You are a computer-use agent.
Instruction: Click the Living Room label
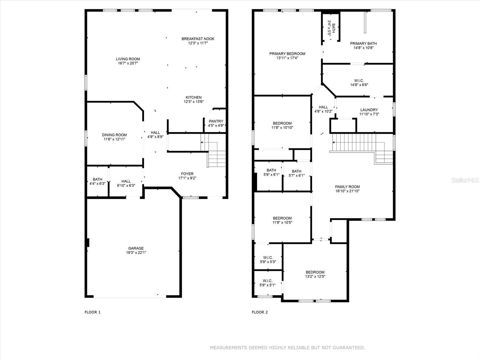tap(128, 59)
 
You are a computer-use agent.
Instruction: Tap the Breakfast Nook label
tap(198, 39)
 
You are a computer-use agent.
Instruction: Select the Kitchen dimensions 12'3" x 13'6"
tap(193, 102)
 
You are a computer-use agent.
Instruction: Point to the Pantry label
tap(216, 121)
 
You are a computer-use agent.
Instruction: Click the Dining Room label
tap(114, 135)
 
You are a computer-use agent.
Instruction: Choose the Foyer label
tap(187, 174)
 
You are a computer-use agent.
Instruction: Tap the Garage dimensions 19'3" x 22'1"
tap(136, 253)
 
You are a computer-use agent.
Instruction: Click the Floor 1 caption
tap(92, 312)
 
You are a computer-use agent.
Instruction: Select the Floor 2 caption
tap(259, 312)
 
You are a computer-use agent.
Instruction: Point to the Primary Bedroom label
tap(287, 54)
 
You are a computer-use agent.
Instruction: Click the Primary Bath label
tap(363, 43)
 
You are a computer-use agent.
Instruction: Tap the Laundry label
tap(369, 110)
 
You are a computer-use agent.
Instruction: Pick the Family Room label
tap(347, 187)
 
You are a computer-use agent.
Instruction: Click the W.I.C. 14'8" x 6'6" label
tap(359, 83)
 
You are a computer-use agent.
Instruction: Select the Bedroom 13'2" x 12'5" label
tap(315, 274)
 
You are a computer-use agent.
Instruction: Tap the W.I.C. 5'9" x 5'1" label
tap(267, 283)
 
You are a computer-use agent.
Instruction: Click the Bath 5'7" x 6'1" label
tap(296, 173)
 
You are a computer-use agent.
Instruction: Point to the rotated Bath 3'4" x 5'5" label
tap(331, 28)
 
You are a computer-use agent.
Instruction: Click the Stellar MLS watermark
tap(465, 180)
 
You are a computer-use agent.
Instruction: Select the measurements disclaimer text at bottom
tap(287, 347)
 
